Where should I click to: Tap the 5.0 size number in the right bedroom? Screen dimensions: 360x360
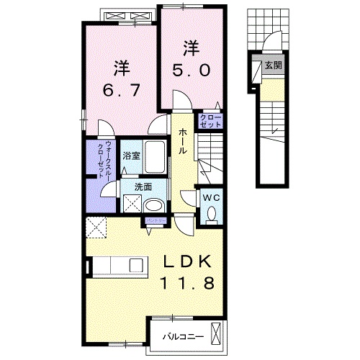click(190, 71)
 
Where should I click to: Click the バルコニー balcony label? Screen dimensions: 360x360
click(183, 336)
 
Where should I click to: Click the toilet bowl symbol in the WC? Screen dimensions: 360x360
click(212, 213)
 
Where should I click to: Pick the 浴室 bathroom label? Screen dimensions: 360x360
click(130, 156)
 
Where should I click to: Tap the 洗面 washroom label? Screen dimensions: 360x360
click(144, 186)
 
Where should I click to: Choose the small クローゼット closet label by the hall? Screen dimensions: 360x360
click(210, 120)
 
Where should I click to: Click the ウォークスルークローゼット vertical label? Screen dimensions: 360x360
click(103, 158)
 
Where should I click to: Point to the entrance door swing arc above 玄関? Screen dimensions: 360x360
click(276, 41)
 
